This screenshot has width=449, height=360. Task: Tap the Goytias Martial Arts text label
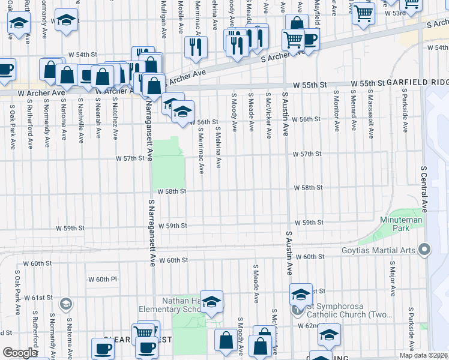pos(384,248)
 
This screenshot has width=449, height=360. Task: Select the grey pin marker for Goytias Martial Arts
pos(426,248)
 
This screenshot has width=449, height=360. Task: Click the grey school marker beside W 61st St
pos(65,304)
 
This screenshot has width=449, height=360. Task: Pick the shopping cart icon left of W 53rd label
pos(364,13)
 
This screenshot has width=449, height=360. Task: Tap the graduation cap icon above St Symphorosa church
pos(301,295)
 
